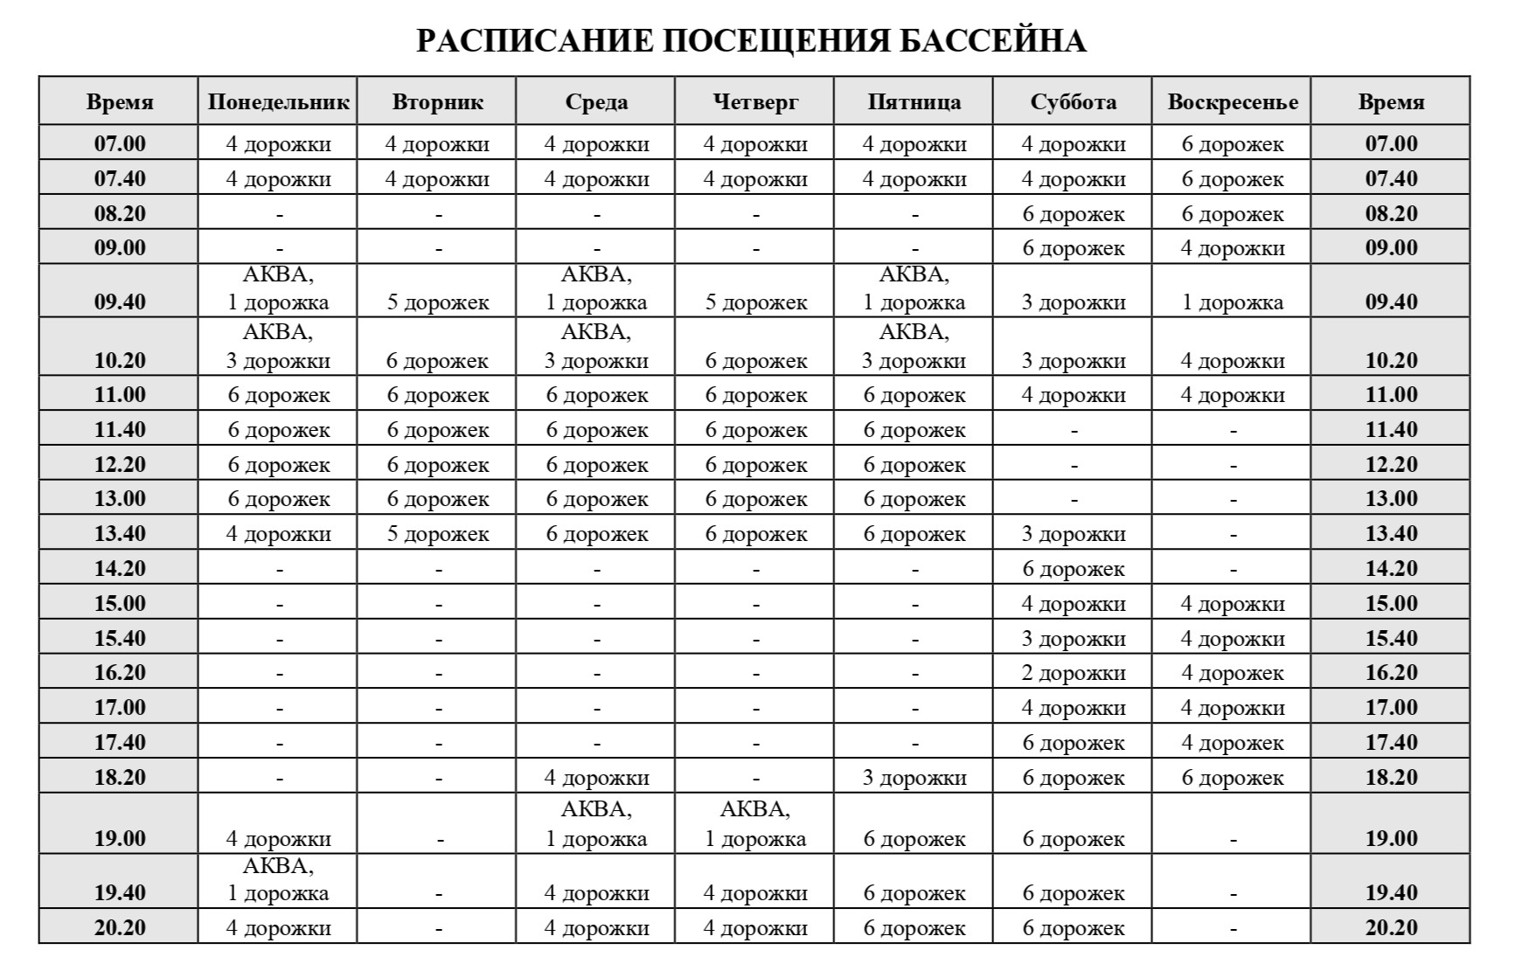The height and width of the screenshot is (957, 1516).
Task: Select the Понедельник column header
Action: (x=278, y=102)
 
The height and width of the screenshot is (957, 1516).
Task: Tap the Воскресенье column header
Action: (x=1232, y=102)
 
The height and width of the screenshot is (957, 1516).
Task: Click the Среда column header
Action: (x=596, y=102)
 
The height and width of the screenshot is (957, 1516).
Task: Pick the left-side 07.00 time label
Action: (x=120, y=143)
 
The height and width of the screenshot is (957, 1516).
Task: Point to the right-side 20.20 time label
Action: (x=1391, y=927)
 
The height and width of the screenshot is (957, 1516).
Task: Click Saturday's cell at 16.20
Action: (x=1073, y=673)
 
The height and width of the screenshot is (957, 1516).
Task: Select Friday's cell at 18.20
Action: (x=914, y=778)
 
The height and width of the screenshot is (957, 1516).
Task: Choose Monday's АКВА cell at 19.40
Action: (x=278, y=880)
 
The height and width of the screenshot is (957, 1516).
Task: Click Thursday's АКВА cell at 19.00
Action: (x=755, y=824)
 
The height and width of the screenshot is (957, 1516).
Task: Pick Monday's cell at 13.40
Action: (x=278, y=534)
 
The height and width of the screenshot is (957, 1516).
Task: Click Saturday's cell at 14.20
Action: (x=1073, y=569)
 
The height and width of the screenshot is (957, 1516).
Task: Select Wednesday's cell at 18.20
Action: (x=596, y=778)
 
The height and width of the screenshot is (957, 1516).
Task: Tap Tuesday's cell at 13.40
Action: (x=437, y=534)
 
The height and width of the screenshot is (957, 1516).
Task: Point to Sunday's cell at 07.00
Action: (x=1232, y=143)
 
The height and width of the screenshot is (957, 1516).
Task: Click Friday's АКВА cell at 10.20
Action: (x=914, y=347)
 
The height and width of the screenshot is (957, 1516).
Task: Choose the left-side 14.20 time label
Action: (x=120, y=568)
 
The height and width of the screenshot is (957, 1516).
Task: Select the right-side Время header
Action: (x=1391, y=102)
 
